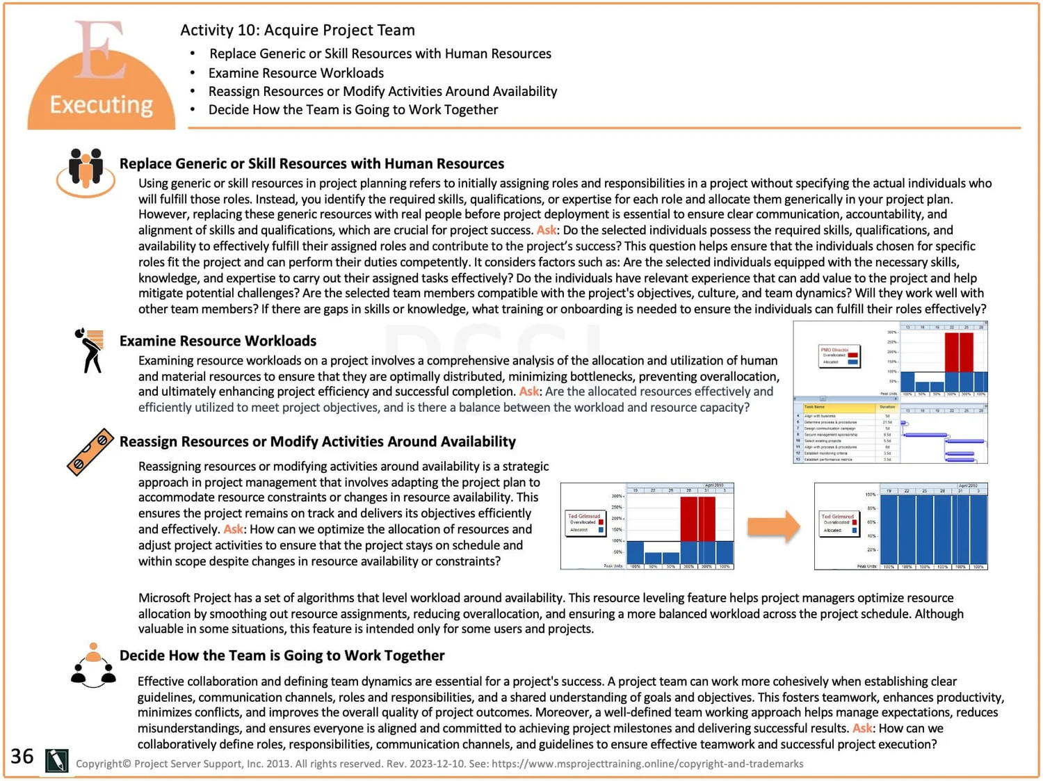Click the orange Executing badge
tap(101, 83)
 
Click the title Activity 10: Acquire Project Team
tap(297, 30)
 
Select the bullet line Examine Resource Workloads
tap(296, 73)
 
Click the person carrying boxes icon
tap(90, 350)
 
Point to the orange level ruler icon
tap(90, 452)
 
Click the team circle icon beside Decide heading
tap(93, 666)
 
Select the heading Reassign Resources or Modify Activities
tap(317, 442)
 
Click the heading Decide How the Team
tap(282, 655)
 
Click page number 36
tap(22, 757)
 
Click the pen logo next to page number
tap(56, 760)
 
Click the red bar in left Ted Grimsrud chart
tap(697, 518)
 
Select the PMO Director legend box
tap(839, 356)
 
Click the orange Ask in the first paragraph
tap(546, 230)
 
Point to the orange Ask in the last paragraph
tap(862, 728)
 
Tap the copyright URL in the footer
tap(647, 764)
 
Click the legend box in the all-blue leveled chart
tap(839, 524)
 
